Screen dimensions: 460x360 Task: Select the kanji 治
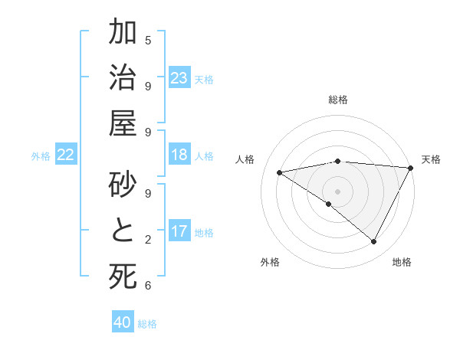tap(123, 80)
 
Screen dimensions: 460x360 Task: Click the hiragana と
tap(123, 231)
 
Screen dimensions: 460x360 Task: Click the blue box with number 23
tap(179, 78)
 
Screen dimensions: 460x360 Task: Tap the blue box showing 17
tap(179, 232)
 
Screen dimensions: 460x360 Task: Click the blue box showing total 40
tap(123, 322)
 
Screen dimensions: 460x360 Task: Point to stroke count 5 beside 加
tap(148, 40)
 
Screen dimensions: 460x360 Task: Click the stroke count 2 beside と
tap(148, 240)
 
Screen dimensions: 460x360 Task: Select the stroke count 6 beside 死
tap(148, 286)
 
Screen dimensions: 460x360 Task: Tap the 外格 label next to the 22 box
tap(41, 156)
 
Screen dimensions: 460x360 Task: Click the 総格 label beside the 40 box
tap(147, 324)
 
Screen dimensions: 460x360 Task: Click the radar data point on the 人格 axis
tap(279, 172)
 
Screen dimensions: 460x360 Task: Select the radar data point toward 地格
tap(374, 242)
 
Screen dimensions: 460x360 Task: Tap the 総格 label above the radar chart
tap(338, 100)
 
